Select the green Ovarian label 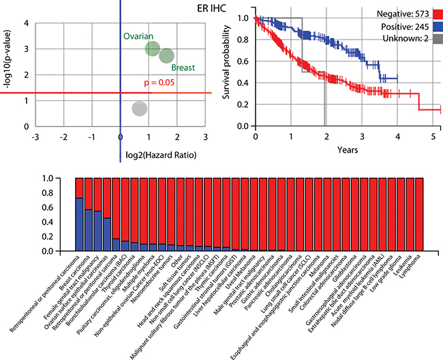coord(138,35)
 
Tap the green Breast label coord(184,68)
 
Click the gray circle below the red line coord(139,108)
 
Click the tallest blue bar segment coord(80,224)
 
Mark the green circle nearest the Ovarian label coord(153,49)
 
